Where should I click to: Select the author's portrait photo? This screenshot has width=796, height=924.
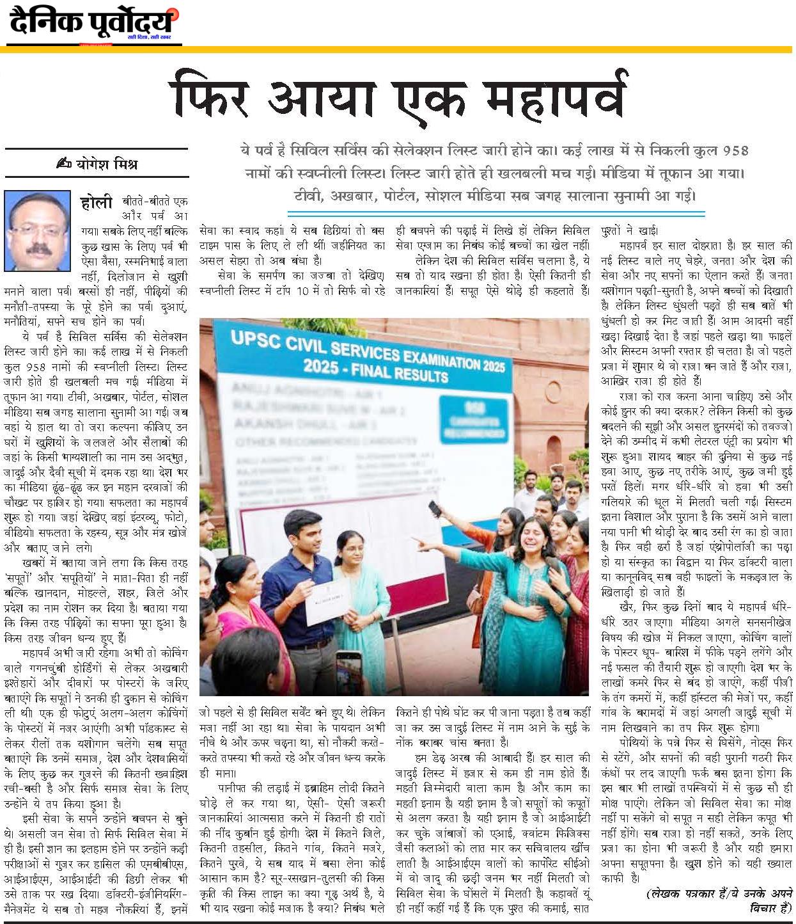(x=36, y=229)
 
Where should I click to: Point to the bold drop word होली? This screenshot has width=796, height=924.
(x=97, y=203)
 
